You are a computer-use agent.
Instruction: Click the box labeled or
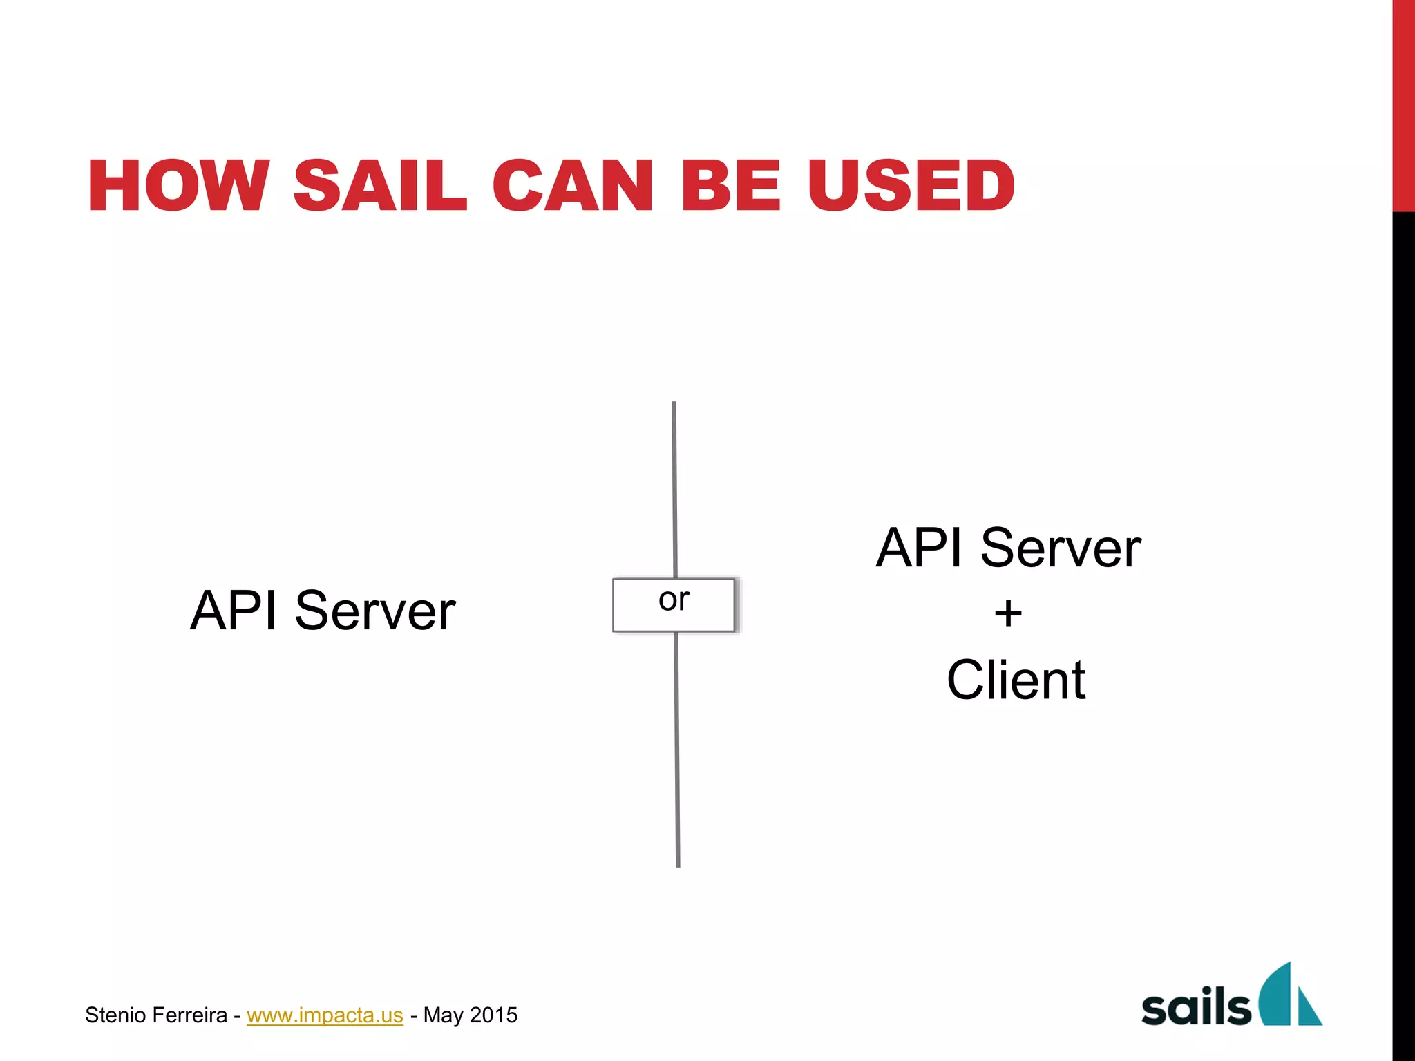tap(674, 604)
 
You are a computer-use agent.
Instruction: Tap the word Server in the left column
tap(375, 611)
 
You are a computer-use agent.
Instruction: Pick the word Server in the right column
tap(1061, 548)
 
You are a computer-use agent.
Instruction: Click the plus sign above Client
tap(1008, 613)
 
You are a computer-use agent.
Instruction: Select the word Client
tap(1016, 680)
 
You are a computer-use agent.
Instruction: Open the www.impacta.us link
tap(325, 1015)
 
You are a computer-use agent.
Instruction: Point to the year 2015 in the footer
tap(493, 1015)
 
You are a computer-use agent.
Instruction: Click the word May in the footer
tap(443, 1015)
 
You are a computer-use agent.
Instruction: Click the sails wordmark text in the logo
tap(1195, 1006)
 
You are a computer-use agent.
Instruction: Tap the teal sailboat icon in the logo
tap(1289, 996)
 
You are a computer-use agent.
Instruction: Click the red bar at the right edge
tap(1403, 104)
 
